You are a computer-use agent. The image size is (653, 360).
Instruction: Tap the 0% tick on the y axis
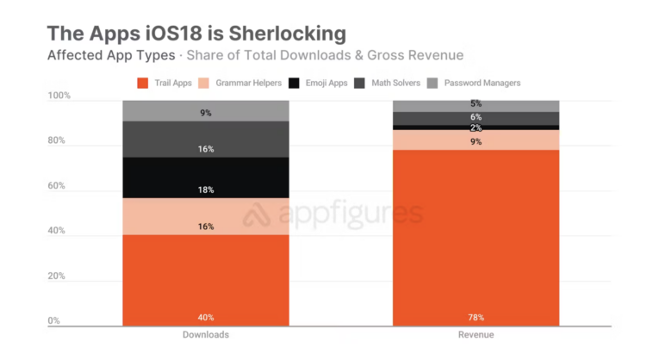54,320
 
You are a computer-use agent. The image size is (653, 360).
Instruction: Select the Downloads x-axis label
205,334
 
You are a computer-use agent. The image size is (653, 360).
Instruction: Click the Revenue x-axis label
476,334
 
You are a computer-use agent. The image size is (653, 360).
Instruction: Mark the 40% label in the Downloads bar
205,318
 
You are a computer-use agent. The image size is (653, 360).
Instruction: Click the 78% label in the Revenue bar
476,318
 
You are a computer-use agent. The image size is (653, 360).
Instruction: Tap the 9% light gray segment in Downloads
205,111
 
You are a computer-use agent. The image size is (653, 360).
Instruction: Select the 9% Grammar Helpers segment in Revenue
476,140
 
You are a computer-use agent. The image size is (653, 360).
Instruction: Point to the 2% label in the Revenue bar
476,127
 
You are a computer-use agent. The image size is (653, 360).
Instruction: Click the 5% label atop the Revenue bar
476,104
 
